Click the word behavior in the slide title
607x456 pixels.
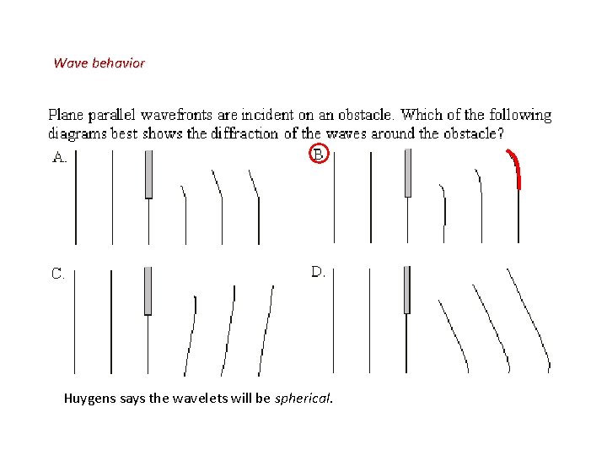115,63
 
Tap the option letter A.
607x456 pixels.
60,156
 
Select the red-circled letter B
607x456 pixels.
319,155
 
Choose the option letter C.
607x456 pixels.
58,274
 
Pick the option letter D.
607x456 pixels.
319,272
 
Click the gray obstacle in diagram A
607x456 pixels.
148,174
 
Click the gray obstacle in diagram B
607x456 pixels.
408,173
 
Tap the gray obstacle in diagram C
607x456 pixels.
148,290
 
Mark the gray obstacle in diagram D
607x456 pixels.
406,290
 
